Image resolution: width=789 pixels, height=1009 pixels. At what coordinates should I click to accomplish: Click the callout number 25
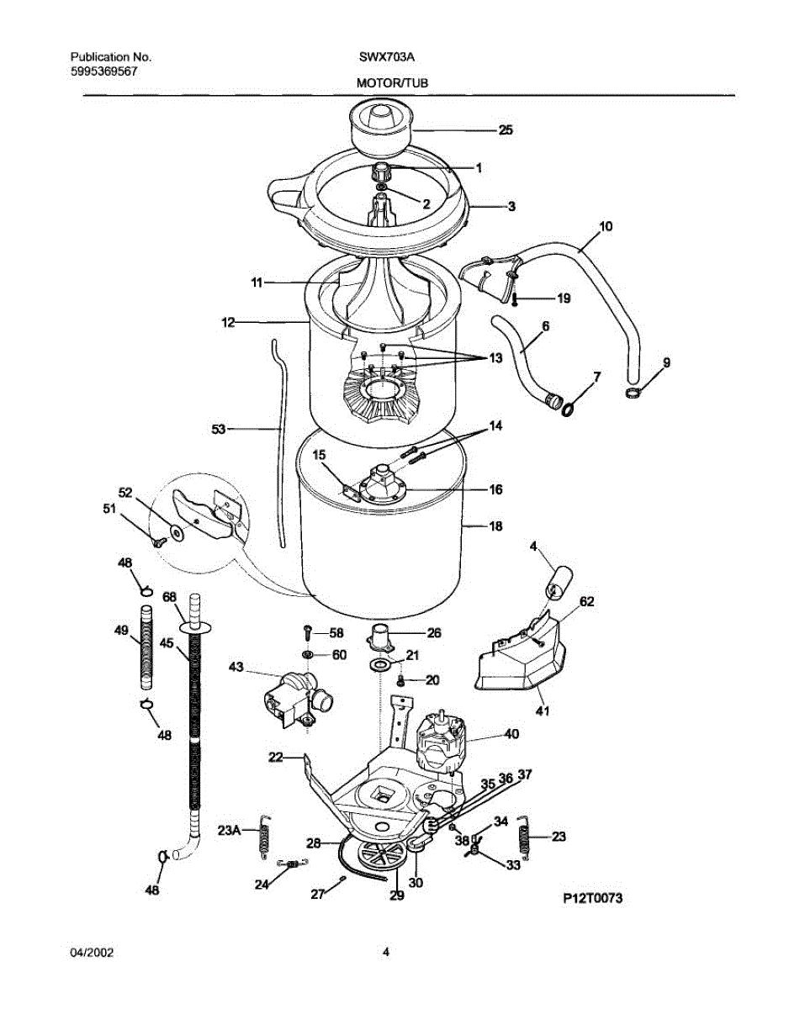505,130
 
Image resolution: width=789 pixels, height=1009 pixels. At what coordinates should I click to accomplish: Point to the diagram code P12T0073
592,898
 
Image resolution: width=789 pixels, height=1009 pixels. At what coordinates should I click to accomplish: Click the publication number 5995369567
103,71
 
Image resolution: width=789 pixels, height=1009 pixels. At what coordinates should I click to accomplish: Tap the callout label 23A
230,830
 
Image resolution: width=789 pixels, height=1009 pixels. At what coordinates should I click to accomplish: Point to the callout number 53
219,429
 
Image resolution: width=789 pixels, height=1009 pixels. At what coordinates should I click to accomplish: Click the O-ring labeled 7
569,409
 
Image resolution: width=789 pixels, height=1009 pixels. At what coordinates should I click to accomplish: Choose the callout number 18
495,526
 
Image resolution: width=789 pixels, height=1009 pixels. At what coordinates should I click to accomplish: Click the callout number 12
228,322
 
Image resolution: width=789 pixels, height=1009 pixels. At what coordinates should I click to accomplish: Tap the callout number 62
586,601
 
